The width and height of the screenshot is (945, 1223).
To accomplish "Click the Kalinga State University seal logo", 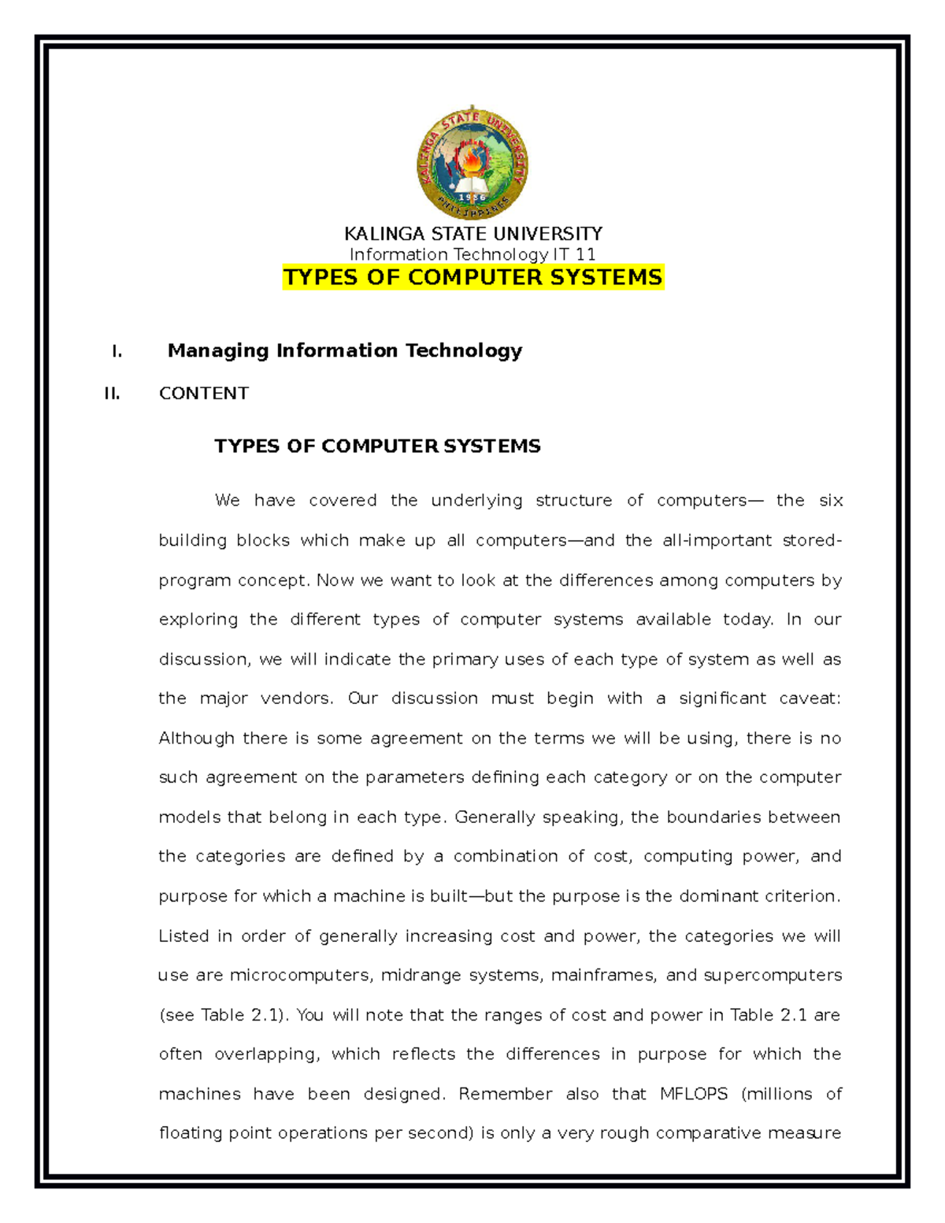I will coord(472,164).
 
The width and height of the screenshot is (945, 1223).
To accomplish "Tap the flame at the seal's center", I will coord(472,161).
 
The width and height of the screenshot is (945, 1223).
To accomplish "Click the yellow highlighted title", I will coord(472,277).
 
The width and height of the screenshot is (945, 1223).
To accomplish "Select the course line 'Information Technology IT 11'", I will coord(472,254).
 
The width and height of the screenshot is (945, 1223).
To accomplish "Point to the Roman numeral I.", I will coord(117,351).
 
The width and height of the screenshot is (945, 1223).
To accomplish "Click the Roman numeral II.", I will coord(112,394).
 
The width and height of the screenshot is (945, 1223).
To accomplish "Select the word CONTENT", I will coord(204,394).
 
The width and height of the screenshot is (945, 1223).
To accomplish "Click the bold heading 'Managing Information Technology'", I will coord(345,350).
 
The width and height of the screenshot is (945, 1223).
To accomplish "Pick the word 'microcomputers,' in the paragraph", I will coord(300,976).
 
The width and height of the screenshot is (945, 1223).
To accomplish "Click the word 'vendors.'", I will coord(298,699).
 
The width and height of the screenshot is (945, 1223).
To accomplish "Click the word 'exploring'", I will coord(198,620).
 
